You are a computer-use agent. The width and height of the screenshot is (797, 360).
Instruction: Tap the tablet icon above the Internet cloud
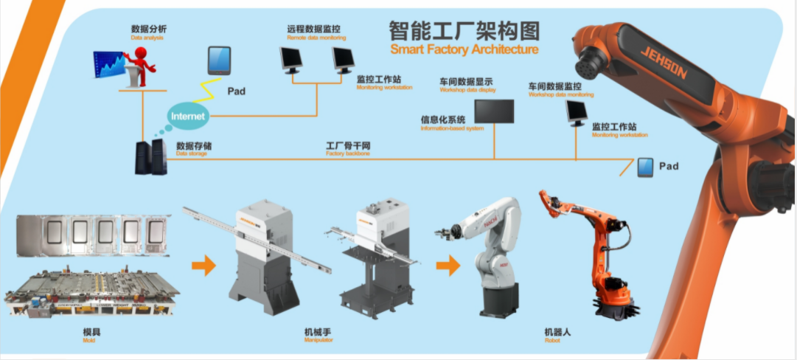219,60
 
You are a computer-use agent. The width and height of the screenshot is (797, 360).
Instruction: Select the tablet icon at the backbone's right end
645,167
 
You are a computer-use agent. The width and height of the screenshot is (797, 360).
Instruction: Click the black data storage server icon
150,156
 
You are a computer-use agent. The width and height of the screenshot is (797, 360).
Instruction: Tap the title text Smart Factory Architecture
464,50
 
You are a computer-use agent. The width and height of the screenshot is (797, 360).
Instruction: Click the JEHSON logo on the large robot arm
663,63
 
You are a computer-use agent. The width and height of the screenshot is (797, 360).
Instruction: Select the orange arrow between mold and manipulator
203,264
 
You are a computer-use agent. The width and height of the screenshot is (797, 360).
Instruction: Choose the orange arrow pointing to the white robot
448,264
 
